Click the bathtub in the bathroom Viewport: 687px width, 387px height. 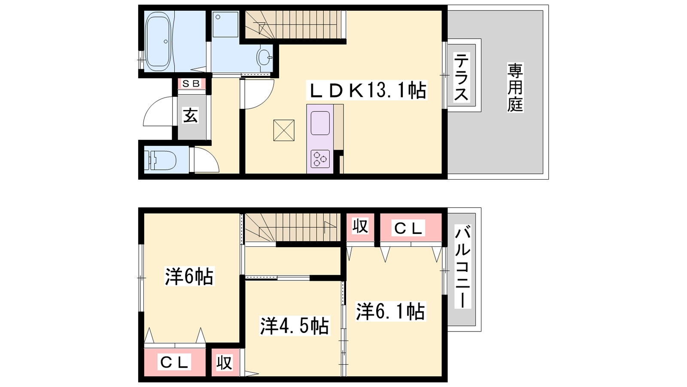pyautogui.click(x=158, y=41)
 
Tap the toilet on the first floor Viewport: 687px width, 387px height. pyautogui.click(x=161, y=160)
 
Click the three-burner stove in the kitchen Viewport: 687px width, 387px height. pyautogui.click(x=320, y=159)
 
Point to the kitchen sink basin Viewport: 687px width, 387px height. pyautogui.click(x=320, y=123)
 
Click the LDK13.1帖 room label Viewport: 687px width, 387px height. pyautogui.click(x=367, y=90)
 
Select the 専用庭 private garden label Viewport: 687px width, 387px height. pyautogui.click(x=515, y=88)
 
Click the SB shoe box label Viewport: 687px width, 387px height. pyautogui.click(x=191, y=83)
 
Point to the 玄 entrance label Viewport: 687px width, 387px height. pyautogui.click(x=191, y=116)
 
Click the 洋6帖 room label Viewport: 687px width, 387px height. pyautogui.click(x=189, y=276)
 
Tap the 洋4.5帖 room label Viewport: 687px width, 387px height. pyautogui.click(x=295, y=326)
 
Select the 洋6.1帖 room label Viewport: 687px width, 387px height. pyautogui.click(x=391, y=311)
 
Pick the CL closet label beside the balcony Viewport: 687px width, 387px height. pyautogui.click(x=408, y=228)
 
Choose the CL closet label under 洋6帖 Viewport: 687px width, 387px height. pyautogui.click(x=174, y=362)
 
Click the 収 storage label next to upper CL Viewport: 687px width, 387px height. pyautogui.click(x=360, y=226)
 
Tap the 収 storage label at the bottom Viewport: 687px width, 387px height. pyautogui.click(x=224, y=363)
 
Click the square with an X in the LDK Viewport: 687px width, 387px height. pyautogui.click(x=284, y=130)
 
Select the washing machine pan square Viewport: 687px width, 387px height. pyautogui.click(x=225, y=25)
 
